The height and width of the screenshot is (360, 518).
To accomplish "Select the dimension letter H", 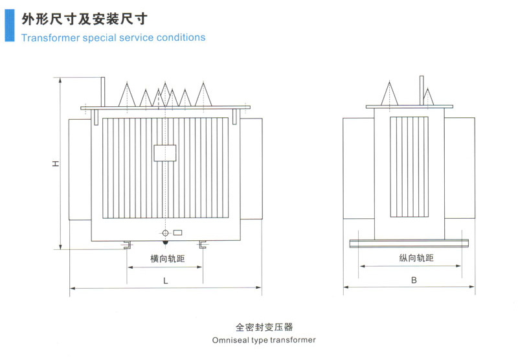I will click(56, 163).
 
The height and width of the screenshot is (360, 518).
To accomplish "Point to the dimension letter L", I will click(166, 280).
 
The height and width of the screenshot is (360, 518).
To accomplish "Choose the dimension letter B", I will click(413, 280).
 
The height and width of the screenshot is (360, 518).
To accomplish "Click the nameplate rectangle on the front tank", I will click(165, 152).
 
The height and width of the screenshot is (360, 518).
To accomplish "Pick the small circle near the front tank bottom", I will click(165, 233).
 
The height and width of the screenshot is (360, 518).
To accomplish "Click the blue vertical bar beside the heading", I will click(8, 22).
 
